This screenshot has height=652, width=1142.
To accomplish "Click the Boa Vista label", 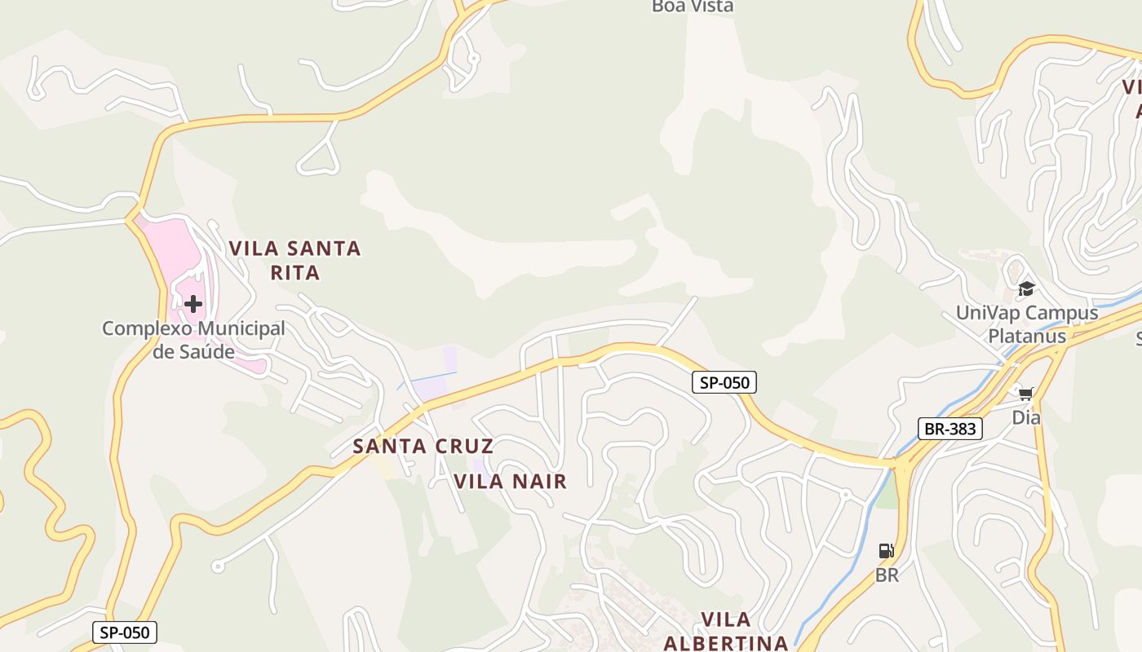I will tap(693, 7).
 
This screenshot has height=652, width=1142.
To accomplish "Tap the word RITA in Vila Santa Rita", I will tap(295, 272).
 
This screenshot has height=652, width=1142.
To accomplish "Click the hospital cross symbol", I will tap(193, 304).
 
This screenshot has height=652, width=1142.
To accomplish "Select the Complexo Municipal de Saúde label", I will tap(193, 340).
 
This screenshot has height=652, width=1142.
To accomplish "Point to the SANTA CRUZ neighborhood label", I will tap(423, 446).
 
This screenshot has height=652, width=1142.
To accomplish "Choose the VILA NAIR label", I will tap(510, 481).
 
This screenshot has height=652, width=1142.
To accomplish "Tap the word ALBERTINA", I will tap(725, 642).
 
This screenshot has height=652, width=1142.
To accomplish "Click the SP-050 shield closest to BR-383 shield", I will tap(724, 381).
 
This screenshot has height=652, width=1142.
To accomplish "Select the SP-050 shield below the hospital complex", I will tap(124, 632).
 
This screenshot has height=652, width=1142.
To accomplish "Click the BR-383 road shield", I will tap(950, 429).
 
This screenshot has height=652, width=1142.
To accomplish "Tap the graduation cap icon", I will tap(1026, 289).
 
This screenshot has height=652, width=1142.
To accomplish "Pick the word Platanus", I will tap(1026, 336).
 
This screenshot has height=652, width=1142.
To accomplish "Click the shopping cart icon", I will tap(1025, 394).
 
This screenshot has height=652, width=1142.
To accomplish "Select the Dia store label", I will tap(1025, 417).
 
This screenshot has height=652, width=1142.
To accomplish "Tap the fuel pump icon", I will tap(887, 551).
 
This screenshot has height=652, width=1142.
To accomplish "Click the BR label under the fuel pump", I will tap(887, 575).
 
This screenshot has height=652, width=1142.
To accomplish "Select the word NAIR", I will tap(537, 481).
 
